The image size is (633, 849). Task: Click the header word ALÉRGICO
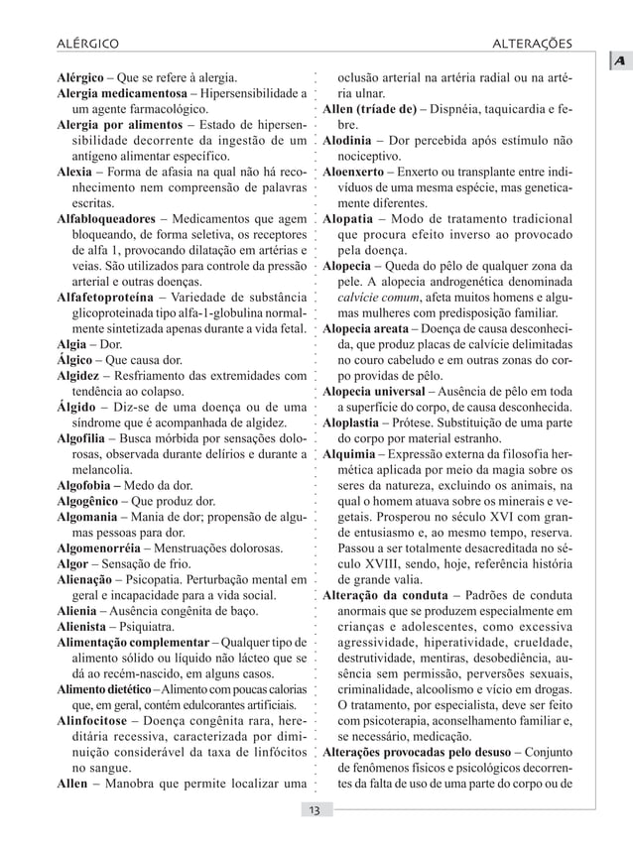coord(84,44)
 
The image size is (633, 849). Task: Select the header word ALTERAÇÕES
coord(544,44)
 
